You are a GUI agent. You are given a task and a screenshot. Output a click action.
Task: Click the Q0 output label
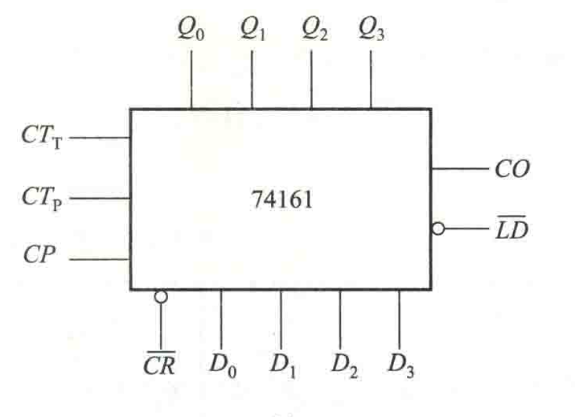click(191, 29)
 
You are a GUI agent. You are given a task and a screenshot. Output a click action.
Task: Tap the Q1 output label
click(253, 29)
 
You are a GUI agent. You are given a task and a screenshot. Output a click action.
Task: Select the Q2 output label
click(314, 29)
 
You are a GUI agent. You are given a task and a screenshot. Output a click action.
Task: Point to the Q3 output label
click(372, 29)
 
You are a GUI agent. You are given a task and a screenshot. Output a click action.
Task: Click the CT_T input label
click(42, 137)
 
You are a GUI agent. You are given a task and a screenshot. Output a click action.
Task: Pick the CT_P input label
click(42, 199)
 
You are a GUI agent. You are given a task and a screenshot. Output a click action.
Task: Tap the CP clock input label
click(39, 254)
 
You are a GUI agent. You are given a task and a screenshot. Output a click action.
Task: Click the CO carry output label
click(512, 169)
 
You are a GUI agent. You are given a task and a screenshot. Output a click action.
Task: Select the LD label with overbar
click(511, 228)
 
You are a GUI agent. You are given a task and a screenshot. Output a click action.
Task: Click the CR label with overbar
click(159, 363)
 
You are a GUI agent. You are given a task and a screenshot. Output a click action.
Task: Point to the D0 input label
click(223, 365)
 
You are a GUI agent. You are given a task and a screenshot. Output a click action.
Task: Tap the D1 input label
click(283, 365)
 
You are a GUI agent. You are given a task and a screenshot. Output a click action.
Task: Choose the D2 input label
click(344, 365)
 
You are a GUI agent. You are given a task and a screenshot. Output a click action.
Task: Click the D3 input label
click(401, 365)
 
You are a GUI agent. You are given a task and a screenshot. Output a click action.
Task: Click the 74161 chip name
click(282, 200)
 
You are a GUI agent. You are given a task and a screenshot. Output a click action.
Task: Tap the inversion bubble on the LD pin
click(437, 229)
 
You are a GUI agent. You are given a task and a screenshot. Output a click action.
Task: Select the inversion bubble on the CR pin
click(161, 296)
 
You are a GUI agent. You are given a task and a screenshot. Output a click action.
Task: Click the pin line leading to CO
click(460, 169)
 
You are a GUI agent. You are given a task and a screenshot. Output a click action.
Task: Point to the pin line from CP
click(100, 259)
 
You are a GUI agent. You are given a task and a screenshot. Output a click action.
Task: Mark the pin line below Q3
click(371, 79)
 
